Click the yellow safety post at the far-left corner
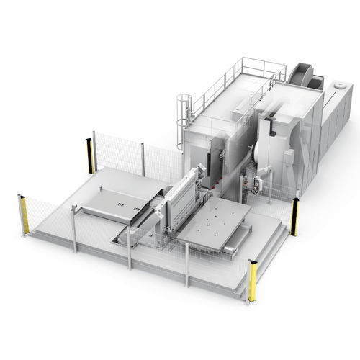[x=23, y=215]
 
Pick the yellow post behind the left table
[x=91, y=152]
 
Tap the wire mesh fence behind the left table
[x=119, y=151]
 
